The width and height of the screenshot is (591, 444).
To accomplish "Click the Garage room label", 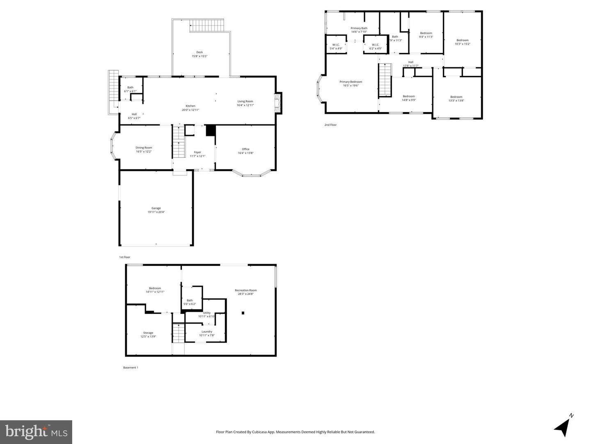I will [156, 210].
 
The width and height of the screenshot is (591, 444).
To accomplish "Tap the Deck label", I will [199, 54].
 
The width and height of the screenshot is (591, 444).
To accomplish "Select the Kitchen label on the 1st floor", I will [190, 108].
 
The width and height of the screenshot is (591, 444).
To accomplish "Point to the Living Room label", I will [245, 103].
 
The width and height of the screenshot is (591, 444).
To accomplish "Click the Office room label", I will [245, 151].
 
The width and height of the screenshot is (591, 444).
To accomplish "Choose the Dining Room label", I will [144, 150].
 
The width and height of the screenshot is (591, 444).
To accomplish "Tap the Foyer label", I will [197, 154].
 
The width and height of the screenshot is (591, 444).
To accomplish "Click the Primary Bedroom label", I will [351, 83].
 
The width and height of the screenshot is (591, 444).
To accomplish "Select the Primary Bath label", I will [359, 30].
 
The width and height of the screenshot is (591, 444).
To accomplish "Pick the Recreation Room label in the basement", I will [245, 292].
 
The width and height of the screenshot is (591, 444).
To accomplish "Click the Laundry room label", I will [207, 333].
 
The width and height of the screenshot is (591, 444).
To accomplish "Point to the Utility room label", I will [206, 315].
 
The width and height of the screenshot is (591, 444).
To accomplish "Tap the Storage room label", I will [148, 334].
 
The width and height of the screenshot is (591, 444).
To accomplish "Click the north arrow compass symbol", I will [563, 427].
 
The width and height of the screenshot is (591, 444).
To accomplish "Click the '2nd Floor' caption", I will [330, 125].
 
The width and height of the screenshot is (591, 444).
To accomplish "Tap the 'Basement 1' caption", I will [131, 368].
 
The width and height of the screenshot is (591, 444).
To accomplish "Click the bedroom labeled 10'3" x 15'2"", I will [462, 42].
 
